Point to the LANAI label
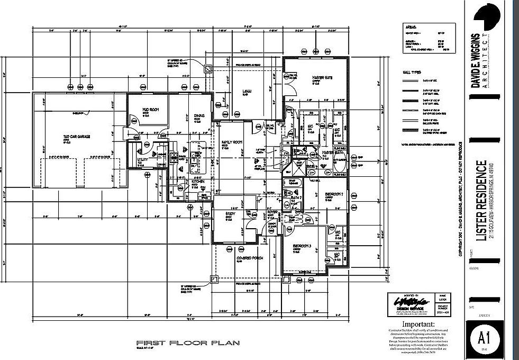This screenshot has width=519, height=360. [247, 91]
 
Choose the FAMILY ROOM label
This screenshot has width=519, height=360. [231, 142]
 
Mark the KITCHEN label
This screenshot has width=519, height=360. [198, 181]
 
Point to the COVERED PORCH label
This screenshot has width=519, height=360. [250, 258]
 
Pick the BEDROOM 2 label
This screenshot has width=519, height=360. [334, 194]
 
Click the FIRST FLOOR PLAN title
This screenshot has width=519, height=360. [188, 343]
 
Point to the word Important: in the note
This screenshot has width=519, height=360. [418, 323]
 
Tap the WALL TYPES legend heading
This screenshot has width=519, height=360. [412, 70]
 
